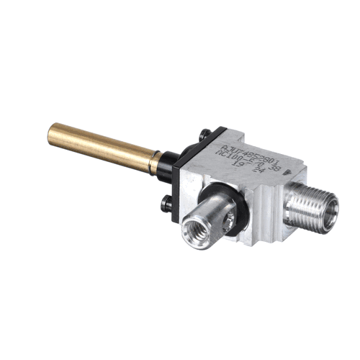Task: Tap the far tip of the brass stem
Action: click(52, 131)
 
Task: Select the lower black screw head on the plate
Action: click(166, 205)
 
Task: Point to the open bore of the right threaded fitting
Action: click(330, 219)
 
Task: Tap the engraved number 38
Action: click(271, 166)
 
